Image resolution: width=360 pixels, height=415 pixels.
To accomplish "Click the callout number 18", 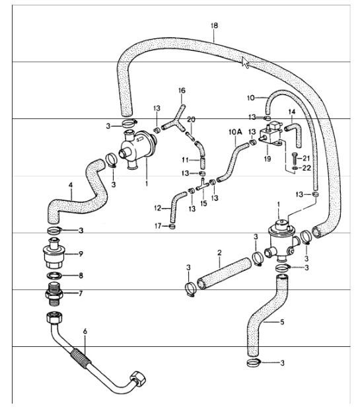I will pyautogui.click(x=213, y=26).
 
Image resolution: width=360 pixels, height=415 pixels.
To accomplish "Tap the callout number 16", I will pyautogui.click(x=182, y=90).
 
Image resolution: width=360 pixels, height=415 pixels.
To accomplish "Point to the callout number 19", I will pyautogui.click(x=266, y=159).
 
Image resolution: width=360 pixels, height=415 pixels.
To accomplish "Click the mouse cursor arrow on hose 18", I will pyautogui.click(x=246, y=63).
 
